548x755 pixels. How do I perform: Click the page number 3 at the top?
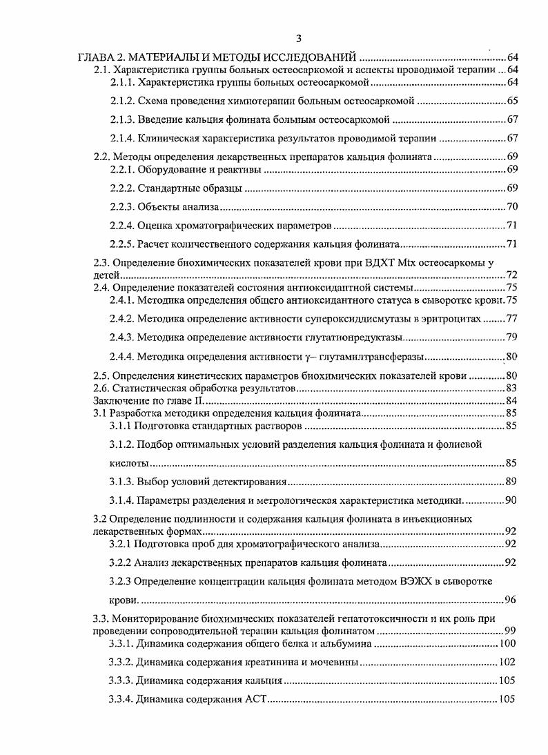(x=297, y=39)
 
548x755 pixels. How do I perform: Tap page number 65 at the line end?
(x=511, y=101)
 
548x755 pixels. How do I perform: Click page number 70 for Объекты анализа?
(x=511, y=206)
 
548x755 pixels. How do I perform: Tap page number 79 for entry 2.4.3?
(x=511, y=337)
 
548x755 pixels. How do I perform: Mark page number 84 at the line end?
(x=511, y=401)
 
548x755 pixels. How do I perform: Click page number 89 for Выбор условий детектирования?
(x=511, y=482)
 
